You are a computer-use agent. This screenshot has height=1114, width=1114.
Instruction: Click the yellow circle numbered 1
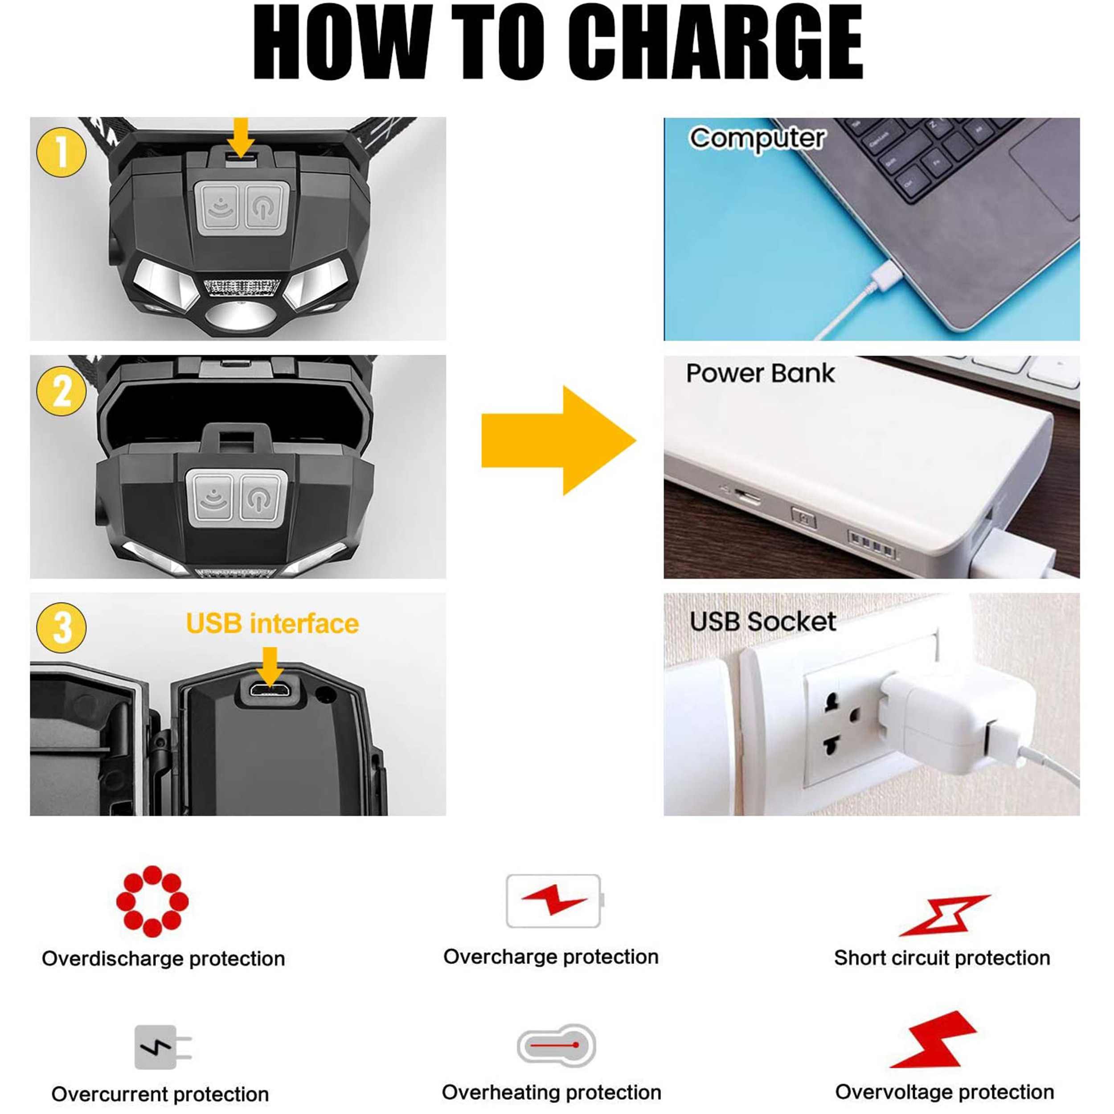click(x=61, y=152)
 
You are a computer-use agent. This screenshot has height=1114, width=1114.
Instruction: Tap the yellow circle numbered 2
click(x=61, y=391)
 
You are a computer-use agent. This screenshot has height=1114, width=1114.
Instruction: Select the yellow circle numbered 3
click(x=61, y=627)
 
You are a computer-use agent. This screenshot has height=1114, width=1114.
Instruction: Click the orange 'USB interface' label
click(x=272, y=624)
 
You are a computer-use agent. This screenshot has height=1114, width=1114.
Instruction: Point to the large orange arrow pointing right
click(x=558, y=441)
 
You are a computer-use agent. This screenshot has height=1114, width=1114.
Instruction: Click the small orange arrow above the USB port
click(x=269, y=667)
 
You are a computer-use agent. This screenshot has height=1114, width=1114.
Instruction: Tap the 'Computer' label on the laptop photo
click(x=758, y=139)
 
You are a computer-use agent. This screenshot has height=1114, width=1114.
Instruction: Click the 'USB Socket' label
click(x=762, y=622)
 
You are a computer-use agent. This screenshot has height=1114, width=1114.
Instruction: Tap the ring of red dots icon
click(x=152, y=901)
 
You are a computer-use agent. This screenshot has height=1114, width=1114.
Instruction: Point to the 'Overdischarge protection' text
click(x=163, y=959)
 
